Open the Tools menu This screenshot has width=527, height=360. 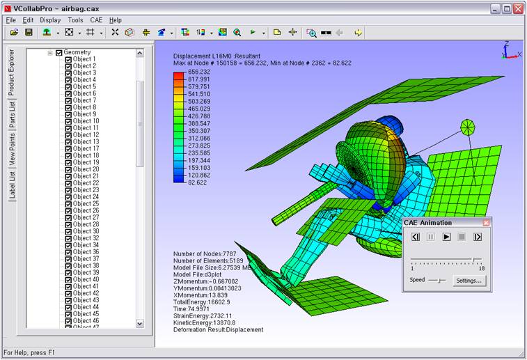[x=75, y=20]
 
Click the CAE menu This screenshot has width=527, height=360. [x=96, y=20]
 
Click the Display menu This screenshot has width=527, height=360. [x=50, y=20]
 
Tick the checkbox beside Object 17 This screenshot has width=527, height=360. [x=68, y=149]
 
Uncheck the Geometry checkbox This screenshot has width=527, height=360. [x=58, y=53]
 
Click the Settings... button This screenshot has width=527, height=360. [x=469, y=281]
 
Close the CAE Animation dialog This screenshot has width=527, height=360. [x=486, y=223]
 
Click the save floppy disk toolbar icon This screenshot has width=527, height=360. [x=29, y=32]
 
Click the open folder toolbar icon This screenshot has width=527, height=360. [x=14, y=32]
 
